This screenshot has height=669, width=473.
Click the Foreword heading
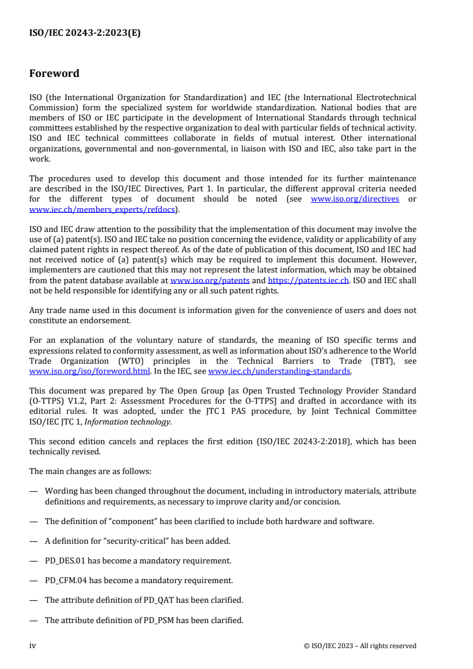pos(54,74)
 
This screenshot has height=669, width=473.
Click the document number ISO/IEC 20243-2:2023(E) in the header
pos(85,33)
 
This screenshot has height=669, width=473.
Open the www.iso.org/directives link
pos(355,199)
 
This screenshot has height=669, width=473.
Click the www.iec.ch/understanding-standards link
pos(279,371)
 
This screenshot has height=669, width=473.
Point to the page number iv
pos(33,646)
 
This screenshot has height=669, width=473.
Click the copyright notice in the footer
pos(360,646)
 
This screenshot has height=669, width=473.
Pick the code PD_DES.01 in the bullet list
pos(66,561)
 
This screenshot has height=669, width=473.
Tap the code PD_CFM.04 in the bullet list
pos(67,581)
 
